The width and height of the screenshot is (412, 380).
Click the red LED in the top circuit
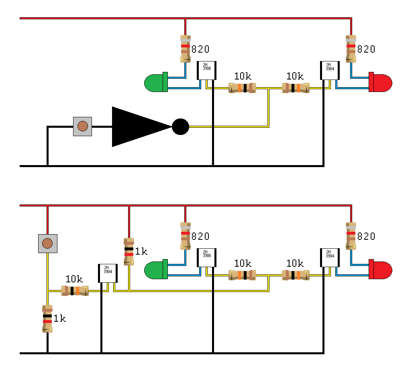coord(380,82)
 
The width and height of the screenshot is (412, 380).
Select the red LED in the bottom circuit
coord(380,270)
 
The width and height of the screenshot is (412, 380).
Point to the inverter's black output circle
coord(180,127)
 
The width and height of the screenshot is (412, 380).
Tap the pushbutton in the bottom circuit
coord(47,243)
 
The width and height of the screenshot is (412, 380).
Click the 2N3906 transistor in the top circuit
coord(206,71)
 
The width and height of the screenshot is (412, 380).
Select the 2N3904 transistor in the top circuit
coord(330,71)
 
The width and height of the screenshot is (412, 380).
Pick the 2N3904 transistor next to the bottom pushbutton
coord(108,274)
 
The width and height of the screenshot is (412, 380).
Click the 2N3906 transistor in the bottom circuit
coord(206,258)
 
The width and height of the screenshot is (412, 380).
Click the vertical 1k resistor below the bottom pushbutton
coord(47,319)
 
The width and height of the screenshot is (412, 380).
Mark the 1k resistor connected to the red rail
coord(128,251)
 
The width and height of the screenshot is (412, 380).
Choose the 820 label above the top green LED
coord(200,49)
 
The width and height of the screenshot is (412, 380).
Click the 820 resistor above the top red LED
coord(351,49)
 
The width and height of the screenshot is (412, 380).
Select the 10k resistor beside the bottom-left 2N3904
coord(75,291)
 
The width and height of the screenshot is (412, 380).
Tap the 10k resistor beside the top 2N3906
coord(242,88)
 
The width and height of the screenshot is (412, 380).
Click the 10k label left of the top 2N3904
coord(295,76)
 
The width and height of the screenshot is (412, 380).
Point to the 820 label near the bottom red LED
coord(366,236)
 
